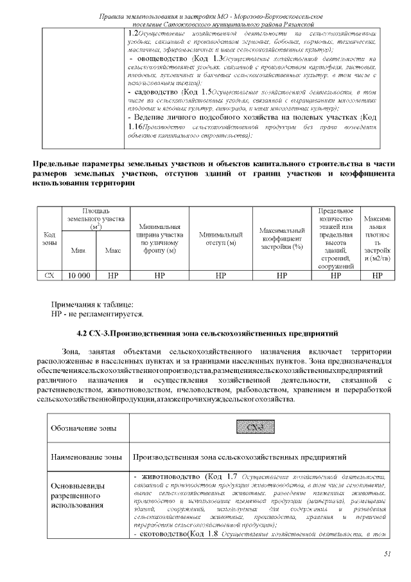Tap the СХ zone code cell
click(x=49, y=275)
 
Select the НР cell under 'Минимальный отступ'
click(x=220, y=275)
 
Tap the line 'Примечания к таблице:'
click(x=92, y=304)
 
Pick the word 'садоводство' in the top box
click(x=162, y=93)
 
